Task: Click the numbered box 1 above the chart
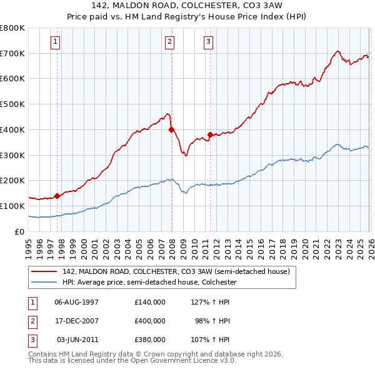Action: (x=56, y=42)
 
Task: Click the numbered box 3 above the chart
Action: (x=208, y=42)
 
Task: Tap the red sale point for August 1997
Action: (x=57, y=196)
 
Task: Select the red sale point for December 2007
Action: (x=171, y=129)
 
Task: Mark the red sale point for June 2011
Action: (x=209, y=134)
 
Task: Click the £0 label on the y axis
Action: (x=20, y=231)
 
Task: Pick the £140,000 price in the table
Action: (x=149, y=302)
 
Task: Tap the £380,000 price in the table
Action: (x=149, y=340)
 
